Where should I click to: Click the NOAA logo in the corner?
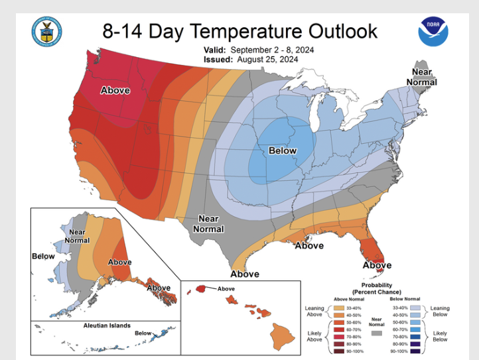433,31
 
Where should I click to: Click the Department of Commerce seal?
47,31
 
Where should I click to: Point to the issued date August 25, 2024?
266,59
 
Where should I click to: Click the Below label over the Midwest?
283,150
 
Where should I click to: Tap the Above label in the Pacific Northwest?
115,90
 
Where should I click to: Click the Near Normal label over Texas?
209,223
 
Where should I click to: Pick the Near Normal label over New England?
423,77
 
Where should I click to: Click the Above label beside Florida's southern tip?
377,265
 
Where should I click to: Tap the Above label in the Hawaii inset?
226,288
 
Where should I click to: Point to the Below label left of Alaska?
43,255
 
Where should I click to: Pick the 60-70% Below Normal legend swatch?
416,329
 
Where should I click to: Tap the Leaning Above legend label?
314,311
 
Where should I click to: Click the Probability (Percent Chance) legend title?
376,288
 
